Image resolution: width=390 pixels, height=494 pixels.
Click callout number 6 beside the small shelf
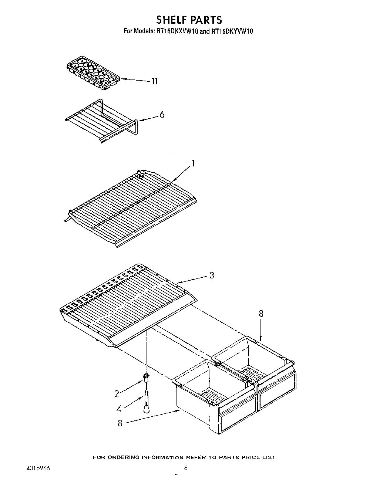tap(162, 115)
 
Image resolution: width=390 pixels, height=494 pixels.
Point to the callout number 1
tap(193, 164)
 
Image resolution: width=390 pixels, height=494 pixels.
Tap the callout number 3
tap(211, 275)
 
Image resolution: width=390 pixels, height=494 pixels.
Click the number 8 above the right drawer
tap(261, 314)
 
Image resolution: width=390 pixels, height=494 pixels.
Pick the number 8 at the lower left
tap(120, 423)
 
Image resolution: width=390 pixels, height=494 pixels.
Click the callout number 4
tap(119, 409)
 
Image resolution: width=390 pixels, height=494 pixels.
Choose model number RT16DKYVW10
tap(232, 32)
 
